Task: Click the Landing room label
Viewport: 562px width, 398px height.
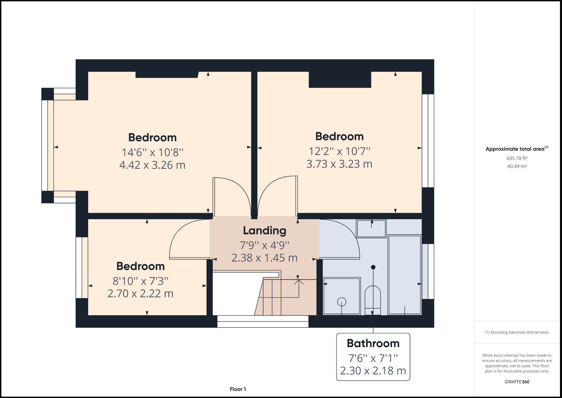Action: [264, 231]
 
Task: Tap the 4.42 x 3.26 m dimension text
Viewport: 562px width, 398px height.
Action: [152, 165]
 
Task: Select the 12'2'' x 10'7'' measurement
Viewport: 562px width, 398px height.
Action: [339, 151]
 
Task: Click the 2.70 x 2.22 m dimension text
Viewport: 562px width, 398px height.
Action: [140, 294]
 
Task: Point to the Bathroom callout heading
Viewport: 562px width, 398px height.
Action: [373, 343]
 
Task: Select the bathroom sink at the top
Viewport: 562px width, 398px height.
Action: [371, 228]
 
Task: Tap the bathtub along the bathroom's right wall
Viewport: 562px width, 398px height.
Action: [404, 275]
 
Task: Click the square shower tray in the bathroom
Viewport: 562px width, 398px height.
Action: [342, 296]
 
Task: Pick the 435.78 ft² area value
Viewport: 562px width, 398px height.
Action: [517, 158]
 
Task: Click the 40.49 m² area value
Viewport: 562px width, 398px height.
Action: [517, 166]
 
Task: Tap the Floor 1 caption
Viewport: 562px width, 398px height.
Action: [238, 389]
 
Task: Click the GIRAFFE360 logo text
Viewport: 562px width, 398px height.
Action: [517, 382]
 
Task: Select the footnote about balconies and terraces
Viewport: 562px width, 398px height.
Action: [517, 332]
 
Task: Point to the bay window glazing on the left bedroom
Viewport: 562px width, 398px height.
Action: [45, 145]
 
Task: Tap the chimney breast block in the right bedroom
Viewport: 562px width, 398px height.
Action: [340, 80]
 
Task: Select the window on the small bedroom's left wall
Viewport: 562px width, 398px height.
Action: [79, 267]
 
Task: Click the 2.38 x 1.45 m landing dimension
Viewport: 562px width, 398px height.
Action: [264, 258]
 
